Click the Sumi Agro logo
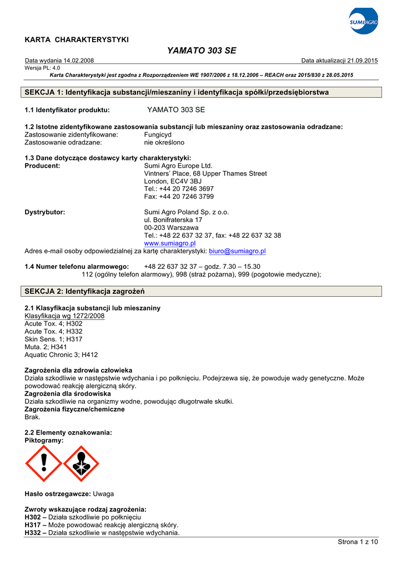click(x=364, y=22)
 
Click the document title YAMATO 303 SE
click(x=202, y=51)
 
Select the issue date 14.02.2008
click(x=79, y=61)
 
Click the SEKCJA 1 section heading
click(x=177, y=92)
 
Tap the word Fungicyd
click(x=158, y=135)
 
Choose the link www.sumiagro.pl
click(x=170, y=243)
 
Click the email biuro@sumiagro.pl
click(x=237, y=251)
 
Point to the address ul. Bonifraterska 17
click(x=173, y=220)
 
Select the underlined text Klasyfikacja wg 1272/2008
click(x=64, y=316)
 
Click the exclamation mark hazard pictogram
click(x=44, y=463)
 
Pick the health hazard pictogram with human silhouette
click(x=81, y=463)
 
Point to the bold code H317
click(x=34, y=525)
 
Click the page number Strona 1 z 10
click(x=358, y=542)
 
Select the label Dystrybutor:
click(x=45, y=212)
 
